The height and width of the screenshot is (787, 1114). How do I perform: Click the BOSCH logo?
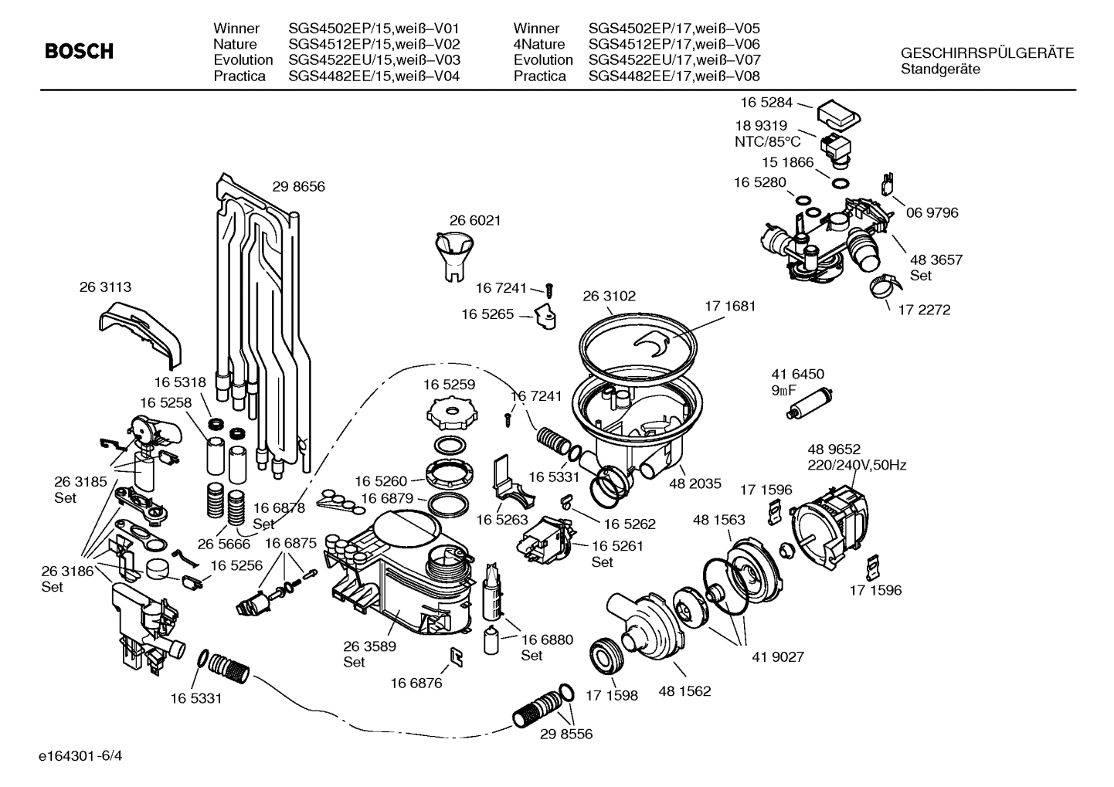click(x=79, y=52)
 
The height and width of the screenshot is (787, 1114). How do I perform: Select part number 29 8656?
click(x=298, y=186)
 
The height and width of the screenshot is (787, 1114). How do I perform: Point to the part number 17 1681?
click(x=729, y=306)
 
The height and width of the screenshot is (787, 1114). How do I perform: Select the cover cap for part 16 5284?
click(x=837, y=115)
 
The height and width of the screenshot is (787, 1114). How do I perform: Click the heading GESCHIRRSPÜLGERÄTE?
click(x=987, y=53)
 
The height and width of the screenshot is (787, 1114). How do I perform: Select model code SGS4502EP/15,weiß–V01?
click(x=374, y=29)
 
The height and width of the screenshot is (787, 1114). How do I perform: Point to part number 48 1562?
click(x=684, y=691)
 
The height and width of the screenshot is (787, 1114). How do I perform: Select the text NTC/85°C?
click(x=767, y=141)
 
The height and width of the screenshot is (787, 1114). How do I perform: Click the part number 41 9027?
click(x=778, y=656)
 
